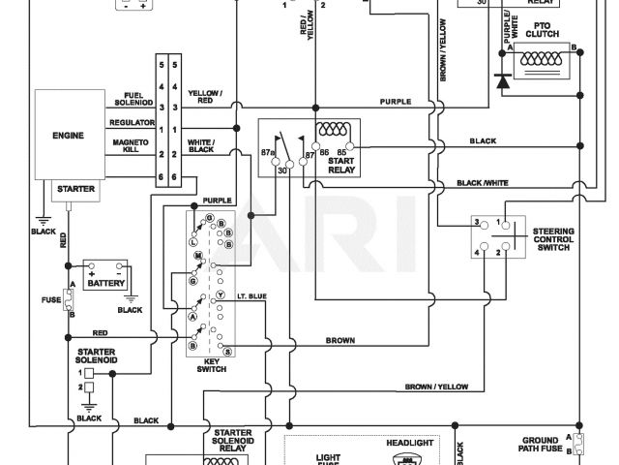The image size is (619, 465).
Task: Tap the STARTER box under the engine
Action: [76, 189]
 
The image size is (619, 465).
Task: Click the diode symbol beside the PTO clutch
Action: [502, 81]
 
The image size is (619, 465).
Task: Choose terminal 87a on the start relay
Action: [269, 152]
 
